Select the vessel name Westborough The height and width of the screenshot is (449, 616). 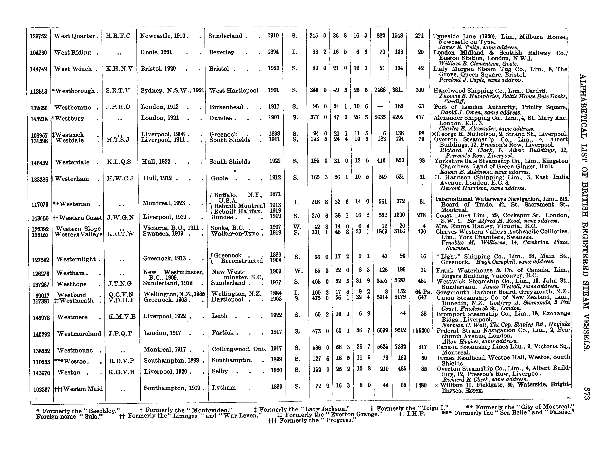click(75, 91)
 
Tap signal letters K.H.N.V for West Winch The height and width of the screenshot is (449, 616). click(119, 69)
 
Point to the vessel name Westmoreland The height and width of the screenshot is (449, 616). click(79, 334)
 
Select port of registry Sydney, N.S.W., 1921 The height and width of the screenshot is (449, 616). click(172, 91)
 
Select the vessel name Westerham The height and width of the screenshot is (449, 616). click(72, 179)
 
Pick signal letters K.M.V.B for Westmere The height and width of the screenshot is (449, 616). click(122, 317)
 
